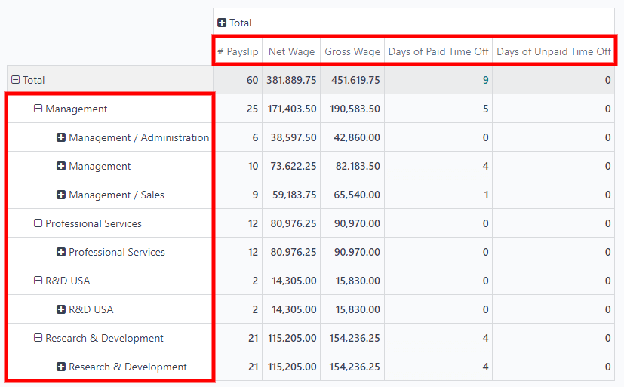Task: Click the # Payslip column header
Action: pyautogui.click(x=238, y=51)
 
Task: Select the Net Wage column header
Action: pyautogui.click(x=291, y=51)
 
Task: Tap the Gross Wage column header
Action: pyautogui.click(x=352, y=51)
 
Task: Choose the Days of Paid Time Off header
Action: pyautogui.click(x=438, y=51)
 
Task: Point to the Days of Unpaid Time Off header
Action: pyautogui.click(x=554, y=51)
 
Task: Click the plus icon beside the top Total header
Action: pyautogui.click(x=222, y=23)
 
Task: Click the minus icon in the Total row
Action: pyautogui.click(x=16, y=80)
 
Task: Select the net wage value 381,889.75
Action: pyautogui.click(x=291, y=80)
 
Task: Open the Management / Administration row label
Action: pyautogui.click(x=139, y=137)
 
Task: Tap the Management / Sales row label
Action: pyautogui.click(x=116, y=195)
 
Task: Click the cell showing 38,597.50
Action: pyautogui.click(x=292, y=137)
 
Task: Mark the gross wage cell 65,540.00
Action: pyautogui.click(x=355, y=195)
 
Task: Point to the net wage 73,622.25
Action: pyautogui.click(x=292, y=166)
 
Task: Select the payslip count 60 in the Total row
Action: pyautogui.click(x=252, y=80)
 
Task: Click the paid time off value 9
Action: pyautogui.click(x=485, y=80)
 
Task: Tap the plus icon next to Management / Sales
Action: pyautogui.click(x=61, y=195)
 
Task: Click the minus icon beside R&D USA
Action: pyautogui.click(x=38, y=281)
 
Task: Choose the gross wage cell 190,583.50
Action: pyautogui.click(x=355, y=109)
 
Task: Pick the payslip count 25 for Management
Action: pyautogui.click(x=252, y=109)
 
